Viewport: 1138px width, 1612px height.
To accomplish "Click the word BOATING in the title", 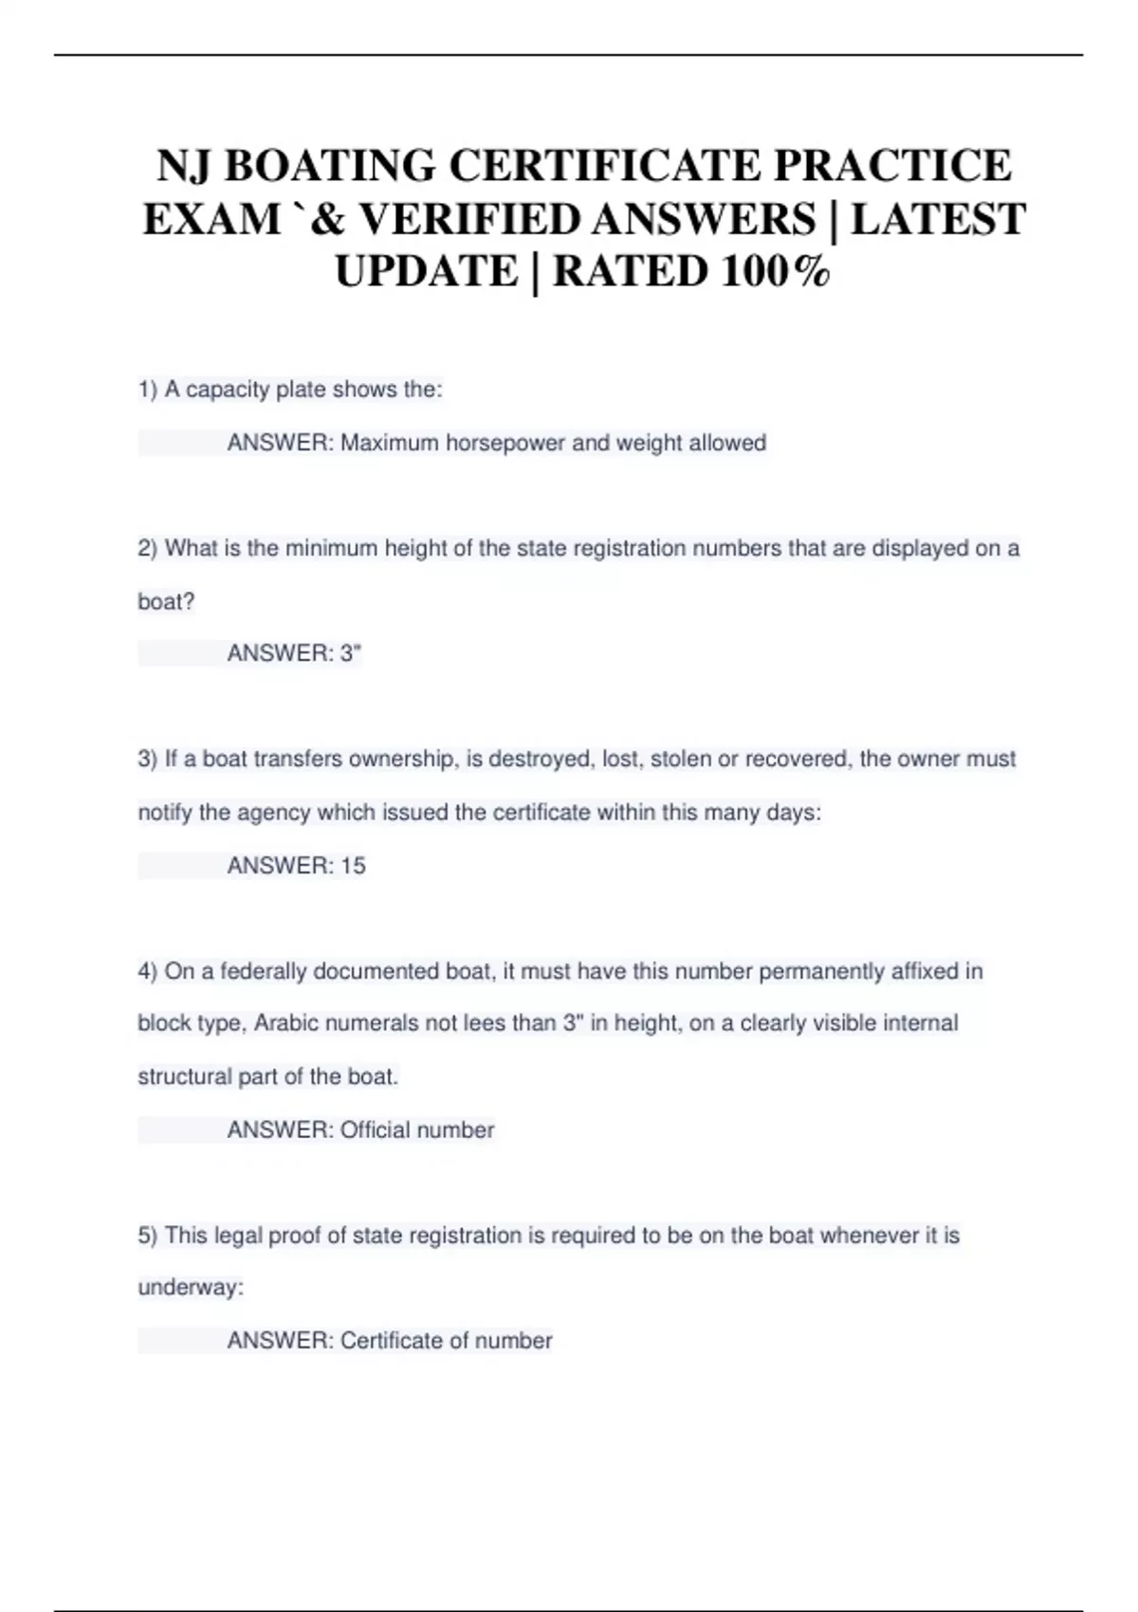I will point(329,166).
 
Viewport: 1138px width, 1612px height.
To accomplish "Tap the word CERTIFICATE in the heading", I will point(605,166).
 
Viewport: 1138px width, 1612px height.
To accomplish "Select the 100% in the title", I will point(775,272).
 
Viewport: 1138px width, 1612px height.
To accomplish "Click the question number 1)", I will point(148,390).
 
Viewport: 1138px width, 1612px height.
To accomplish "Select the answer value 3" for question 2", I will point(351,653).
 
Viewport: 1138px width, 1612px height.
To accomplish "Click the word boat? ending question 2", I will point(166,601).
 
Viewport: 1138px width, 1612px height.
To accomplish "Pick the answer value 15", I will point(353,865).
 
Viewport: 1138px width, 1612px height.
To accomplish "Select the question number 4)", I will point(148,971).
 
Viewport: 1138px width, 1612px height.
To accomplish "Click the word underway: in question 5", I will point(191,1288).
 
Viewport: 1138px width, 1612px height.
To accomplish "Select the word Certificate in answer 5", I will point(391,1341).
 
